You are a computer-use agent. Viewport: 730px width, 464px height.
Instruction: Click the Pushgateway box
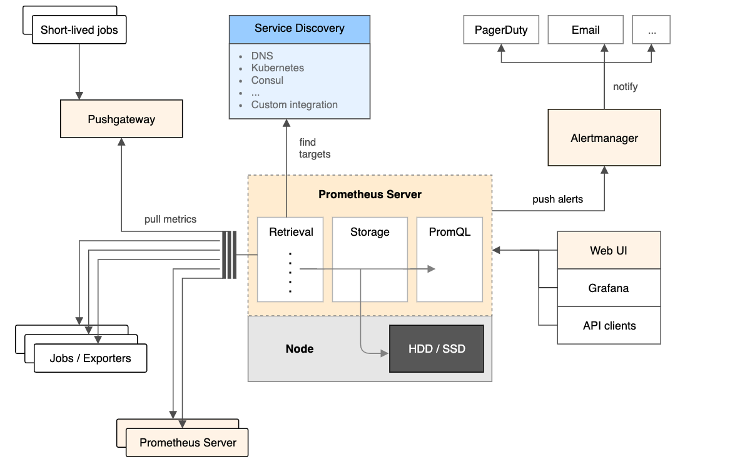tap(121, 119)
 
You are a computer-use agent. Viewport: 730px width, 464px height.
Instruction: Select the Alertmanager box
tap(604, 138)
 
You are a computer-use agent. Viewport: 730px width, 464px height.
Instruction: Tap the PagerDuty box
tap(501, 30)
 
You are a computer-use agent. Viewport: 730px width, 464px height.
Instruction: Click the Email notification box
tap(586, 30)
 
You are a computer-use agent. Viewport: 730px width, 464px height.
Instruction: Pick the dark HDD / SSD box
tap(437, 348)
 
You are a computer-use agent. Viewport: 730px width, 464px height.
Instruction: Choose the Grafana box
tap(609, 288)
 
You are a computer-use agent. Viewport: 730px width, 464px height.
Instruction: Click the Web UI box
tap(609, 251)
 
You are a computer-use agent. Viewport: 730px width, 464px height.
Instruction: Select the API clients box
tap(609, 326)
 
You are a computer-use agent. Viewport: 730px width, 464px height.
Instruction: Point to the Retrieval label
tap(291, 232)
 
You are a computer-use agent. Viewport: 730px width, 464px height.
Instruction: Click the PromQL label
tap(449, 232)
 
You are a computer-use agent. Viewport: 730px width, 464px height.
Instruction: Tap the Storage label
tap(370, 232)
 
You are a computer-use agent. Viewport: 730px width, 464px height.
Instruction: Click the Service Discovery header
tap(299, 29)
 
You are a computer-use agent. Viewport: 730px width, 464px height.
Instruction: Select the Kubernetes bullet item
tap(278, 68)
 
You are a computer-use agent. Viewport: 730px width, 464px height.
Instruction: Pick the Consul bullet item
tap(267, 80)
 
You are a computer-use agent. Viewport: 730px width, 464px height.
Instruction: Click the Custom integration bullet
tap(294, 105)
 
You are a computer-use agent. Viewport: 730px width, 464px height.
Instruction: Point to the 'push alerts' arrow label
tap(557, 199)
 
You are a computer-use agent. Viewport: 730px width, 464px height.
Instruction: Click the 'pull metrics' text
tap(170, 219)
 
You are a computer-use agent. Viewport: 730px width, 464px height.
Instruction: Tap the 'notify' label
tap(625, 87)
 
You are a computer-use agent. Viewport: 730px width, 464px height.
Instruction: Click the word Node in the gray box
tap(300, 348)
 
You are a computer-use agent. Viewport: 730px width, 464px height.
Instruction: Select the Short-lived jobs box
tap(79, 30)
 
